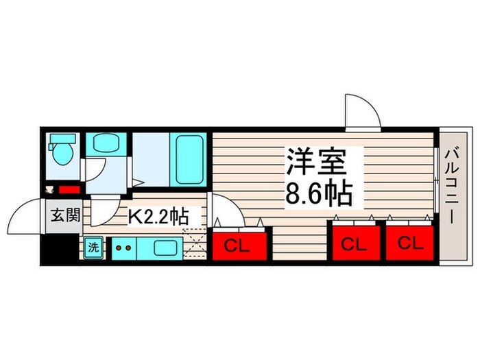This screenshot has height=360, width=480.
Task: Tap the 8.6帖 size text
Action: coord(319,193)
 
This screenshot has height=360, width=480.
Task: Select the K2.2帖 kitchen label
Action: coord(157,217)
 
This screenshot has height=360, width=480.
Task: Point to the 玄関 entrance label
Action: coord(65,215)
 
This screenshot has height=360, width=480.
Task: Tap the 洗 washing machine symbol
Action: coord(93,247)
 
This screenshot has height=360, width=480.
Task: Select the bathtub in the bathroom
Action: coord(189,160)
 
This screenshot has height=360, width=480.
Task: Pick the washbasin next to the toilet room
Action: coord(106,143)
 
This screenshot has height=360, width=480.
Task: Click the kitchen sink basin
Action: coord(165,248)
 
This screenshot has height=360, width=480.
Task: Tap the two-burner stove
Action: coord(123,248)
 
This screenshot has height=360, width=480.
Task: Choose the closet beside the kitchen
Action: coord(239,245)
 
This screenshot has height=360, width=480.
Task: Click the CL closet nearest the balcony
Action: coord(410,243)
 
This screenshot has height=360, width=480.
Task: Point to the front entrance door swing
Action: coord(25,216)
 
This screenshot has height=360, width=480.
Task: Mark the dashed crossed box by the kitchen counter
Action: coord(194,243)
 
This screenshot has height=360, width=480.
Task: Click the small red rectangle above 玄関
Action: coord(69,190)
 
